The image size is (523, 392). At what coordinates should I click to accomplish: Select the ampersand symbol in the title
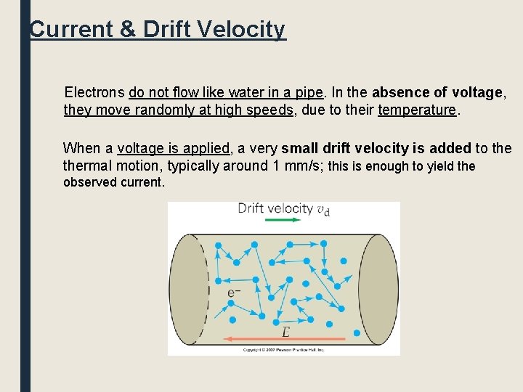tap(126, 30)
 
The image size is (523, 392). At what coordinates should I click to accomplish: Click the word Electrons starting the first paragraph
tap(94, 92)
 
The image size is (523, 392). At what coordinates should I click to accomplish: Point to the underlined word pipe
tap(309, 92)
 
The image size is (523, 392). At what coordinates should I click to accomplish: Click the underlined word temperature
tap(417, 110)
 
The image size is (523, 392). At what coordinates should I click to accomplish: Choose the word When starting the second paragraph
tap(82, 148)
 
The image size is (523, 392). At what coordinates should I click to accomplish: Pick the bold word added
tap(450, 148)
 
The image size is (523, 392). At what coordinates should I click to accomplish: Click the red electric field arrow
tap(284, 339)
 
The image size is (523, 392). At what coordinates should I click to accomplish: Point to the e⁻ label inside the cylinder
tap(234, 293)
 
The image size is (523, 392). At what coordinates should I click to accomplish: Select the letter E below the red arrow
tap(285, 332)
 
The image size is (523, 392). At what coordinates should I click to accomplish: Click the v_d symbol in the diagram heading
tap(324, 209)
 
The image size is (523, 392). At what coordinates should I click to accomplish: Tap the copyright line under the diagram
tap(283, 351)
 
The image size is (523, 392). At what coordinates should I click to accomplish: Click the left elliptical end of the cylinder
tap(189, 289)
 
